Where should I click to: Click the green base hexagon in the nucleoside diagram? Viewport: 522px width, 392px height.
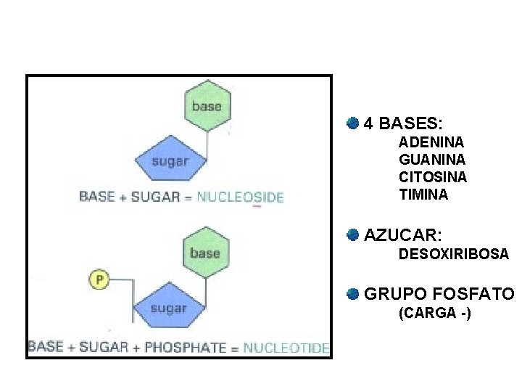[207, 107]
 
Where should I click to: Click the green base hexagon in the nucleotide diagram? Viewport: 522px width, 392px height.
[204, 253]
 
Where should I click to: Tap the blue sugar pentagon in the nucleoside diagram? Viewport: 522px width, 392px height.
[170, 161]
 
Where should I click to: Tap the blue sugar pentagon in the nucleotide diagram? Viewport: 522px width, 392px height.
[168, 308]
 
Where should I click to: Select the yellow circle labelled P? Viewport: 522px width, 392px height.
[99, 279]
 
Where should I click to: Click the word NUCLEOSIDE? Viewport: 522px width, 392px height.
[240, 197]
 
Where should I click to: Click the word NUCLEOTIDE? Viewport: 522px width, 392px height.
[286, 348]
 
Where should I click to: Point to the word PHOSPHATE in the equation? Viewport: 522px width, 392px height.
[185, 348]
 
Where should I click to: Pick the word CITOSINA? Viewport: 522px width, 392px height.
[433, 177]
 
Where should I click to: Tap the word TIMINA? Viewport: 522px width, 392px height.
[423, 195]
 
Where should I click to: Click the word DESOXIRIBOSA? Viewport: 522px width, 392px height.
[454, 255]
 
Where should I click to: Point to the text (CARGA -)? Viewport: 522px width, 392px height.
[434, 314]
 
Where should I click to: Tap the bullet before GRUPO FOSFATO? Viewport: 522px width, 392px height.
[352, 293]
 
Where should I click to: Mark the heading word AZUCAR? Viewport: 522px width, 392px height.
[403, 235]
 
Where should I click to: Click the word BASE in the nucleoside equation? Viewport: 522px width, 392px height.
[96, 196]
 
